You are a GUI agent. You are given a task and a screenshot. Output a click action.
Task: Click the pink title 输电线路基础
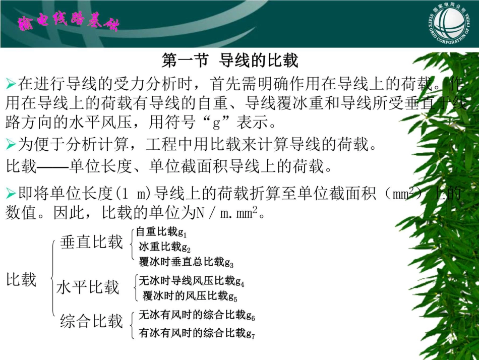pyautogui.click(x=68, y=23)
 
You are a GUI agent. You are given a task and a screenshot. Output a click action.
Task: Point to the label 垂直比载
pyautogui.click(x=91, y=242)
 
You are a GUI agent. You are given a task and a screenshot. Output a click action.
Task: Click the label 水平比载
pyautogui.click(x=88, y=287)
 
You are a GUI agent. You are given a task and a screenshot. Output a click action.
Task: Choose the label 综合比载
pyautogui.click(x=91, y=321)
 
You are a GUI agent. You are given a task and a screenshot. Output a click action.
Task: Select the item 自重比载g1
pyautogui.click(x=161, y=232)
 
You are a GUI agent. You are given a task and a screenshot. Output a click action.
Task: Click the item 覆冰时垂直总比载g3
pyautogui.click(x=186, y=262)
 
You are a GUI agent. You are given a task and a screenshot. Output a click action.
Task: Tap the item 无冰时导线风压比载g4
pyautogui.click(x=192, y=281)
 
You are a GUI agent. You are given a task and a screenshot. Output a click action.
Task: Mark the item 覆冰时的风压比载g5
pyautogui.click(x=190, y=295)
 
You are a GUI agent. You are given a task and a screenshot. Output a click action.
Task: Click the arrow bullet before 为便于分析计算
pyautogui.click(x=11, y=145)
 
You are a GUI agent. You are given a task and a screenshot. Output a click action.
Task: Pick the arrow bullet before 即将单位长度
pyautogui.click(x=11, y=193)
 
